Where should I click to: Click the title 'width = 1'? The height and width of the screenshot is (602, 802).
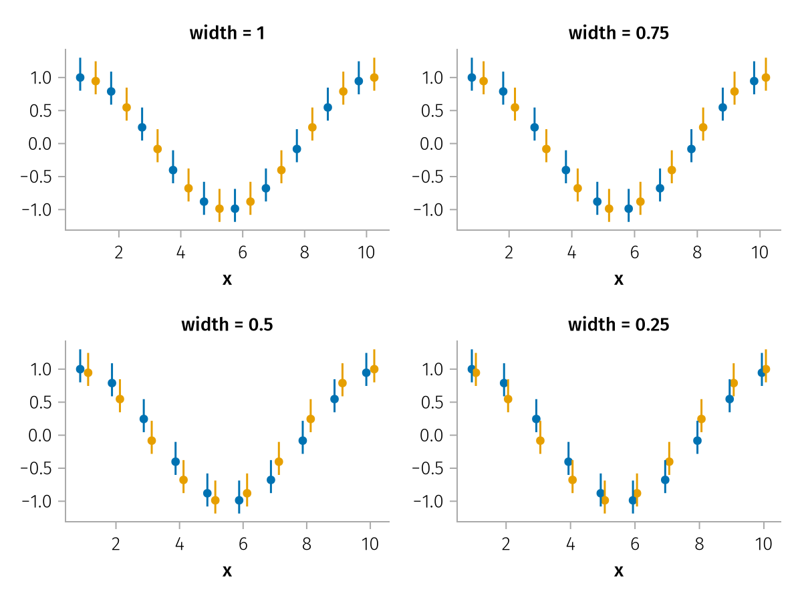tap(227, 33)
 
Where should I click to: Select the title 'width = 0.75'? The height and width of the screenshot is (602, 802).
tap(619, 33)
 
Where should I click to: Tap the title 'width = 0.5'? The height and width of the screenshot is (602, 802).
tap(227, 325)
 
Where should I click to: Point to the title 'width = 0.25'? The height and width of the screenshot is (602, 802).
tap(619, 325)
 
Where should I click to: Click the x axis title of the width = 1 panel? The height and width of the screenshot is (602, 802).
tap(227, 279)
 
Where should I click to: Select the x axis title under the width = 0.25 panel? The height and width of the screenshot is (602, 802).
tap(619, 571)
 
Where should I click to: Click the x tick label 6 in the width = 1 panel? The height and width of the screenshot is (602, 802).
tap(243, 253)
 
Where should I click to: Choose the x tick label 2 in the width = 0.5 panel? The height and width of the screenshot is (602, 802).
tap(116, 544)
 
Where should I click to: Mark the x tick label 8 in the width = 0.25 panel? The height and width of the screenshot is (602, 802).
tap(698, 544)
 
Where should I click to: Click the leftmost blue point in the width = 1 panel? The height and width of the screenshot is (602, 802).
tap(80, 78)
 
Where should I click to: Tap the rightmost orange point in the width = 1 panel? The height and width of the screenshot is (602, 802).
tap(374, 78)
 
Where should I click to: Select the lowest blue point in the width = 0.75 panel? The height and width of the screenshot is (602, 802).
tap(628, 209)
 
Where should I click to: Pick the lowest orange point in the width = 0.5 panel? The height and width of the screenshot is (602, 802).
tap(215, 500)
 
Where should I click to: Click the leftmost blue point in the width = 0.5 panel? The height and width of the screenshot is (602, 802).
tap(80, 369)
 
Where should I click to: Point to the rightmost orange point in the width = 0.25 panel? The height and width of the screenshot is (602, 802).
tap(766, 369)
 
